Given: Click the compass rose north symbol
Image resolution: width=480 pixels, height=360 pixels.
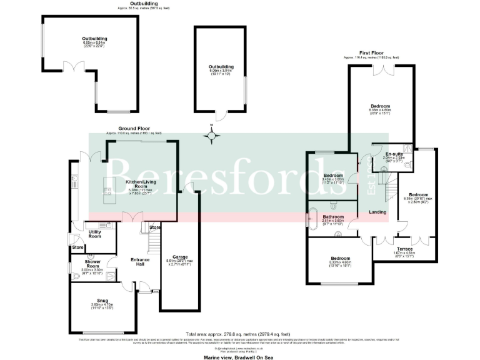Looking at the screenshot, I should tap(212, 134).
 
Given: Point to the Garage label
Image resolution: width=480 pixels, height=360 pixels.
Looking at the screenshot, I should tap(179, 257).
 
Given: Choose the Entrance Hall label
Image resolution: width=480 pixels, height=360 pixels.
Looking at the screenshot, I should tap(139, 261).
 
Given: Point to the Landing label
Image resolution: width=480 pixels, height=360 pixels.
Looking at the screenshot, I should tap(377, 212).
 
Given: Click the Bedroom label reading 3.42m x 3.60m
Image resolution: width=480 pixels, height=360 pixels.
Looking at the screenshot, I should tap(334, 175).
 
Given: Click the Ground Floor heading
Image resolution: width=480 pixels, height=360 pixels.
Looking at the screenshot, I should tap(133, 129).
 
